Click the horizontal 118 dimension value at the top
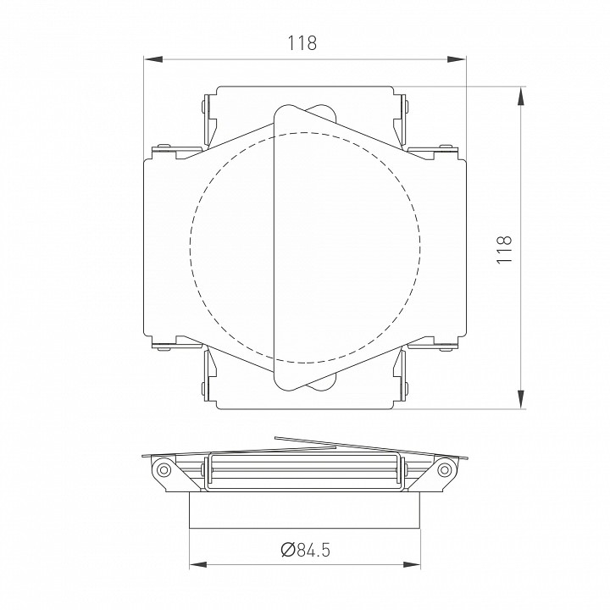point(303,42)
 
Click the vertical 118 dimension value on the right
point(505,248)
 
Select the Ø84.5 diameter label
point(304,551)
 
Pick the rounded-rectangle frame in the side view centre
point(304,471)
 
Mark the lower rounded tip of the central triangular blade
point(284,384)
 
